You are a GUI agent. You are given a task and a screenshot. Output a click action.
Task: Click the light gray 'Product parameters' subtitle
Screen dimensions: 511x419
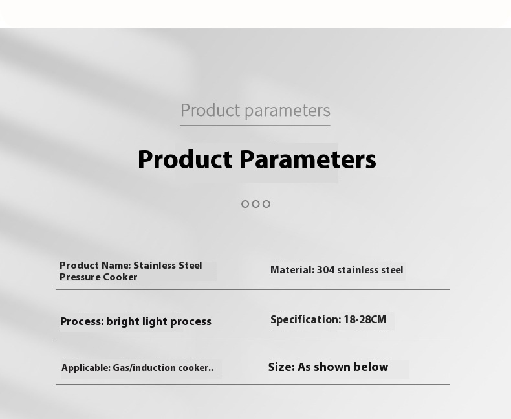255,110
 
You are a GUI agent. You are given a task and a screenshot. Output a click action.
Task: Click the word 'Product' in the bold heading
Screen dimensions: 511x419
185,159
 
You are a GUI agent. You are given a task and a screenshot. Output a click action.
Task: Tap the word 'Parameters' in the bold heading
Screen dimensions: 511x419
308,159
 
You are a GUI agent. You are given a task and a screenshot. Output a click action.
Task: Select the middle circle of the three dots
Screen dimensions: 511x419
256,204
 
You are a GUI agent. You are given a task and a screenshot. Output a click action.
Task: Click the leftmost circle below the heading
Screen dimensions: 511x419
245,204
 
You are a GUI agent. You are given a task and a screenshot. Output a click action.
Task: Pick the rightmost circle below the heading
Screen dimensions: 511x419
266,204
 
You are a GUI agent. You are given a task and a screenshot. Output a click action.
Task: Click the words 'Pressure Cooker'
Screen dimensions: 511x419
98,277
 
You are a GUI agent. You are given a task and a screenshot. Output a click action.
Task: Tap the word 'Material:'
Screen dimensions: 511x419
292,270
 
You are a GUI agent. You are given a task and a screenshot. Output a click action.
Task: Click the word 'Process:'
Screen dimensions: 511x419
82,321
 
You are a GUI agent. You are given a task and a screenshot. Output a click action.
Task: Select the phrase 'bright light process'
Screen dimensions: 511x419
158,321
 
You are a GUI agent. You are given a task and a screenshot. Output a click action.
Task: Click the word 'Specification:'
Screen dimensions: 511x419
306,319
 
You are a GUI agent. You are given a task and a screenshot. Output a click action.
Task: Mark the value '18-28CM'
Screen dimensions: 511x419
365,319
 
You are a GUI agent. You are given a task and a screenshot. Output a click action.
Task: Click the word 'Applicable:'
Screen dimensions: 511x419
86,368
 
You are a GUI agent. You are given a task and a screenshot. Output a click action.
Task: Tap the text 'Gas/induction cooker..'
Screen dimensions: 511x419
163,368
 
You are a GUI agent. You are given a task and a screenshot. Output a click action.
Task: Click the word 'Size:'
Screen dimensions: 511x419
281,367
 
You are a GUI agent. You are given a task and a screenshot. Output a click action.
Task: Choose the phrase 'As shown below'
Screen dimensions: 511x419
343,367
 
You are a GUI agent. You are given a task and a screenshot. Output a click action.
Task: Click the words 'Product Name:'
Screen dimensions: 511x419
95,266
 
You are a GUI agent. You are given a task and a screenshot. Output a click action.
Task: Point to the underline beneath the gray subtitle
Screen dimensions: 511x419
255,125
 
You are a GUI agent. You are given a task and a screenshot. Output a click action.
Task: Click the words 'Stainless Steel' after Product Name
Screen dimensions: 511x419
168,266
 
